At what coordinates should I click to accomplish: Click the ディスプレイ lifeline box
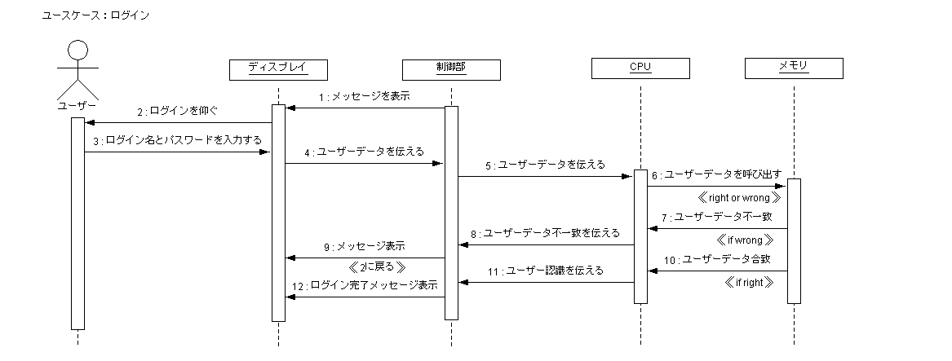(278, 68)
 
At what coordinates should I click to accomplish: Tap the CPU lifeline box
(640, 68)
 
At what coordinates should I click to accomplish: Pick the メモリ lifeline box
(793, 68)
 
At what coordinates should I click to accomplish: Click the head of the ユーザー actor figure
(77, 52)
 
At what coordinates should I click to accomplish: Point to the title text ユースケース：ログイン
(95, 15)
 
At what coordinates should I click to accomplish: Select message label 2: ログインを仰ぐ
(178, 111)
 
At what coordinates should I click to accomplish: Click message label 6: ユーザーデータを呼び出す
(716, 174)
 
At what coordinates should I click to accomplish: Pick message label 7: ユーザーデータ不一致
(716, 218)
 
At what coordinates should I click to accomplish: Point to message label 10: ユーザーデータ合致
(716, 259)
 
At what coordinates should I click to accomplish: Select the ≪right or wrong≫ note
(740, 197)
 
